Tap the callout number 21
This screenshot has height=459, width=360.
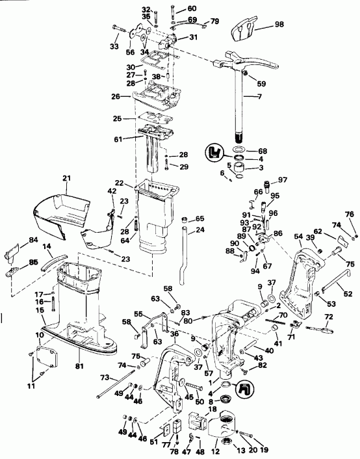tap(66, 178)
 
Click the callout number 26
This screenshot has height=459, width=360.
tap(116, 96)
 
